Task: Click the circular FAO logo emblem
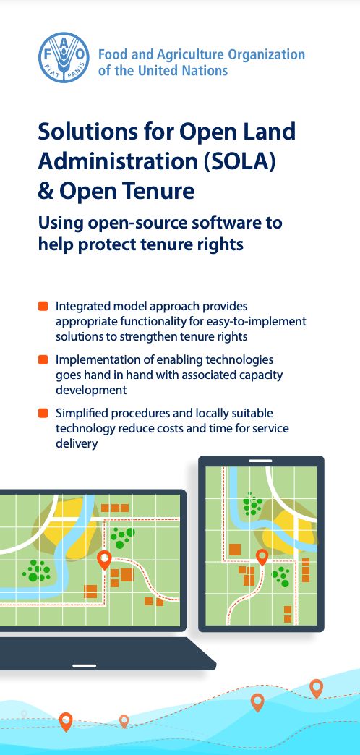pyautogui.click(x=64, y=58)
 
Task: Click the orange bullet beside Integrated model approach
pyautogui.click(x=43, y=306)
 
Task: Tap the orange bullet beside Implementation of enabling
pyautogui.click(x=43, y=359)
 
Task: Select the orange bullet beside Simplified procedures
pyautogui.click(x=43, y=413)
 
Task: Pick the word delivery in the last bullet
pyautogui.click(x=77, y=443)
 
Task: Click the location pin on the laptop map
pyautogui.click(x=104, y=560)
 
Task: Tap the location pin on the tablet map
pyautogui.click(x=262, y=558)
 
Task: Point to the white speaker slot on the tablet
pyautogui.click(x=260, y=461)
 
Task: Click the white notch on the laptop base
pyautogui.click(x=85, y=666)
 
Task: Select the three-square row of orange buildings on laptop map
pyautogui.click(x=115, y=508)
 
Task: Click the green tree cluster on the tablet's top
pyautogui.click(x=252, y=503)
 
